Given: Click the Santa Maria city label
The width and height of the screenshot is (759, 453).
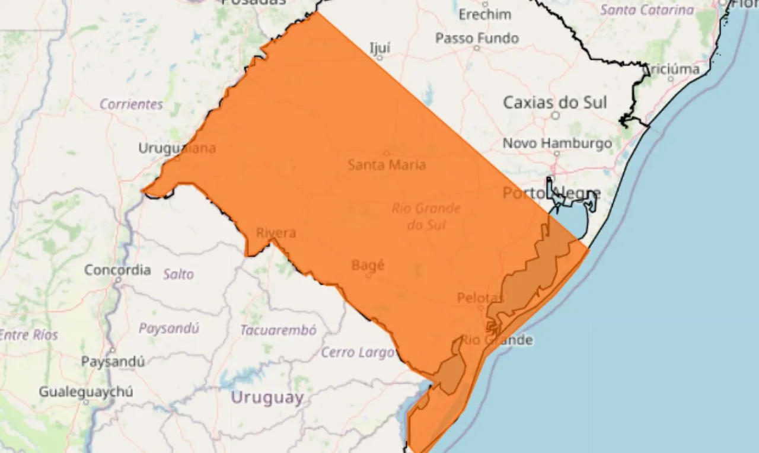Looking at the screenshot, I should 387,165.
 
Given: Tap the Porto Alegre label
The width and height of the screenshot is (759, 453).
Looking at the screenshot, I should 551,193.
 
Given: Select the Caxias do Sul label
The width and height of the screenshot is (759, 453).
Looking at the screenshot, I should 555,102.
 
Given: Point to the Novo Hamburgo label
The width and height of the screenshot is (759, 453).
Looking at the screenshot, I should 557,143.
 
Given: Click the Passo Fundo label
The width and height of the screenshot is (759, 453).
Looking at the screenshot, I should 477,39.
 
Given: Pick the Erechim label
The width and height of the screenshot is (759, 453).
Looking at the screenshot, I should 485,14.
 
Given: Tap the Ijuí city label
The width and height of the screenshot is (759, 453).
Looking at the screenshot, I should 380,47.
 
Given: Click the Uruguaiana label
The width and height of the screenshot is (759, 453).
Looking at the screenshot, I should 177,148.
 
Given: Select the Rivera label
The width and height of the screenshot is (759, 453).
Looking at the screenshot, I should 276,233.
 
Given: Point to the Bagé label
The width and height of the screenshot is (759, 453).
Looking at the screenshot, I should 368,265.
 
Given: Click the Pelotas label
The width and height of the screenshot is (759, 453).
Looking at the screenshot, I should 480,298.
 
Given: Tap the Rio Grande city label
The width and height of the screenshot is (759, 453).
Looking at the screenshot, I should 497,340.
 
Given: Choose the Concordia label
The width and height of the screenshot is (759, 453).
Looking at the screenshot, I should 117,270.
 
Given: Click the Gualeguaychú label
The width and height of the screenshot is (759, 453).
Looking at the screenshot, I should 86,392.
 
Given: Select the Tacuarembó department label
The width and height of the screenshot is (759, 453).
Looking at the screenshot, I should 278,330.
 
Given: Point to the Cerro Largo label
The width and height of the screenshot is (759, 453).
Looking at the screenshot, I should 358,353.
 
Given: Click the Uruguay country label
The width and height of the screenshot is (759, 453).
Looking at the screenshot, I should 267,397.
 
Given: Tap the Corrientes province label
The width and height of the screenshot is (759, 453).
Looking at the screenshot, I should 131,104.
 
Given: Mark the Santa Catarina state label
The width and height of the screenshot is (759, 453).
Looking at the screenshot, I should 646,10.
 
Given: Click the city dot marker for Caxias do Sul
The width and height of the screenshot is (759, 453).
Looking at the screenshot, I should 556,116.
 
